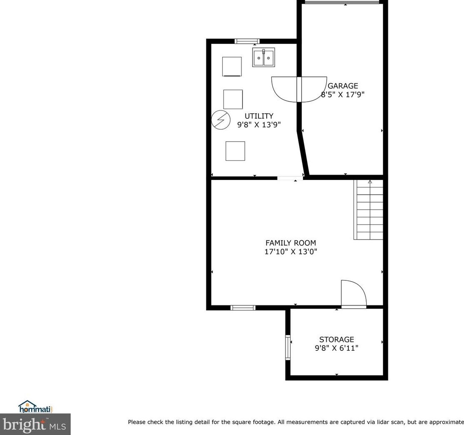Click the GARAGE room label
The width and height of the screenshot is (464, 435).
click(342, 86)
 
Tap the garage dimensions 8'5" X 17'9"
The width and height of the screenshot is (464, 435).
click(342, 95)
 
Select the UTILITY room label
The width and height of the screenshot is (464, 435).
click(259, 116)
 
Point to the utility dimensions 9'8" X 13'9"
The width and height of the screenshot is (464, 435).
click(259, 125)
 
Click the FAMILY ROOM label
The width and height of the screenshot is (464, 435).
click(290, 243)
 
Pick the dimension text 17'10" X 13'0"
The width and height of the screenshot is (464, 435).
click(290, 252)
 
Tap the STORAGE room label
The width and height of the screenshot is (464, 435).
click(337, 339)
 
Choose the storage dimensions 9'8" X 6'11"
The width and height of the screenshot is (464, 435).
click(337, 348)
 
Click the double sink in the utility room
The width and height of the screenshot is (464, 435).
click(263, 57)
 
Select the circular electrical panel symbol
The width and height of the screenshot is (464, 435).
click(221, 120)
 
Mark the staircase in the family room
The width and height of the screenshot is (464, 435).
click(368, 210)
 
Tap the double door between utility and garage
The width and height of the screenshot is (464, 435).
click(299, 89)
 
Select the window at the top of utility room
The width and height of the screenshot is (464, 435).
click(247, 41)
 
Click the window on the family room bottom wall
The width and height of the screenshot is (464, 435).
click(243, 308)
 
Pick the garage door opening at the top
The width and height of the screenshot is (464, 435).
click(342, 2)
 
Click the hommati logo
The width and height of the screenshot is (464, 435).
click(35, 407)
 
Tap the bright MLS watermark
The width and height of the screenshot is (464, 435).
click(35, 424)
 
